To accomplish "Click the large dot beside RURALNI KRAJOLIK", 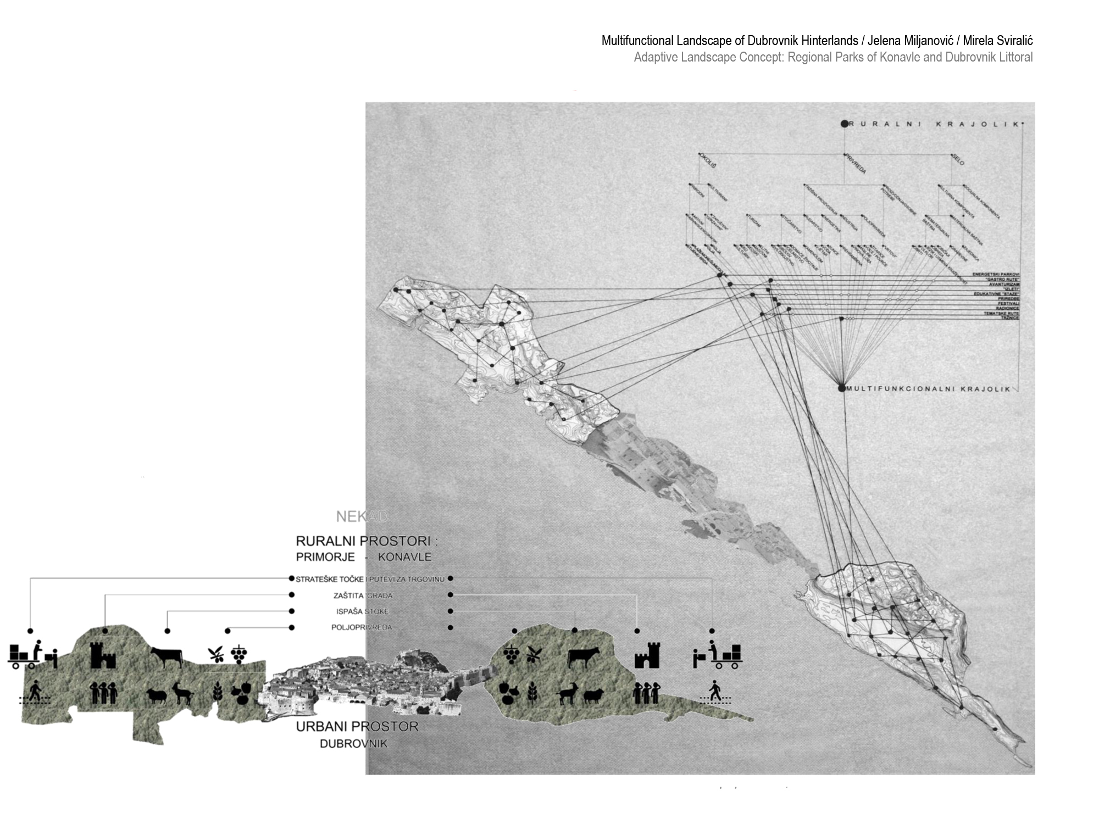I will coord(845,124).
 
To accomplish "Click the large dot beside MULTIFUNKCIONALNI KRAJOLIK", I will coord(841,388).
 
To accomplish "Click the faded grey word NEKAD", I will coord(362,516).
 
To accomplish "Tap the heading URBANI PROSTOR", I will coord(357,727).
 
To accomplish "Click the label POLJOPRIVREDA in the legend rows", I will coord(362,627).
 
